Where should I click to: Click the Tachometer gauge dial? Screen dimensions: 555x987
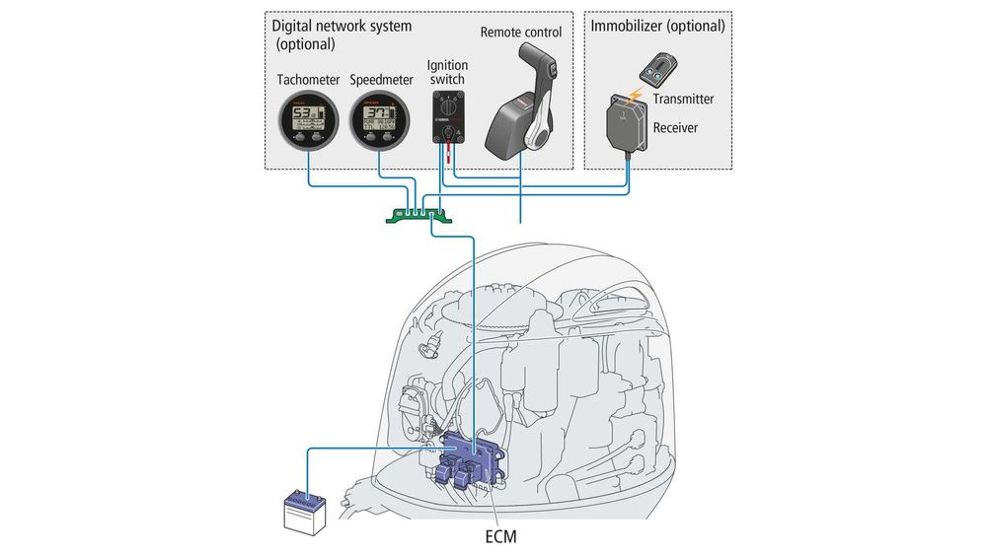coord(307,124)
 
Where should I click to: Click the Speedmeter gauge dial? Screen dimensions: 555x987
coord(379,124)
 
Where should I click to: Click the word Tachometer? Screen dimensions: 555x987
coord(308,80)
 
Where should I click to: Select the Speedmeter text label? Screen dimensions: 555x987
coord(382,80)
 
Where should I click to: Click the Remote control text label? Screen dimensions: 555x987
coord(521,33)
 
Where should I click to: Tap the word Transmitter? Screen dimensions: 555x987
coord(683,99)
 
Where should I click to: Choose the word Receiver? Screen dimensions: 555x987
coord(677,128)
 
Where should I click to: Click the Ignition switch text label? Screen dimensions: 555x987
coord(447,72)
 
